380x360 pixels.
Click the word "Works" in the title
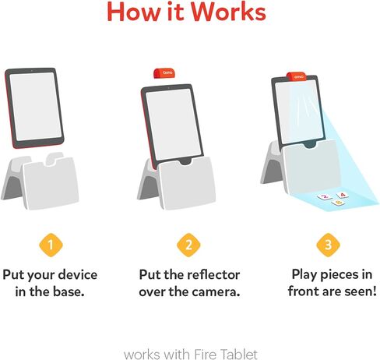click(226, 13)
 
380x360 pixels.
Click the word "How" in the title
click(135, 13)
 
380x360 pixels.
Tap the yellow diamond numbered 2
click(188, 245)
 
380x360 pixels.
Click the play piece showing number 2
click(324, 197)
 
